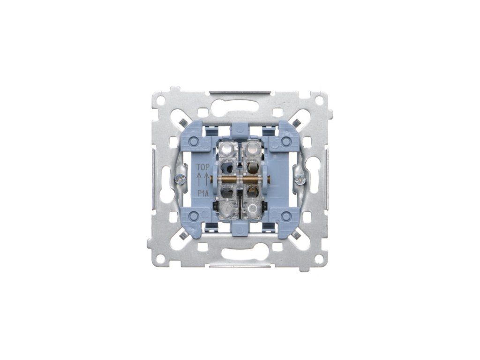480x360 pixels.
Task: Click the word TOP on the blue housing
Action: [202, 167]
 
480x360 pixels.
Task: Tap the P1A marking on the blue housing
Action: [202, 193]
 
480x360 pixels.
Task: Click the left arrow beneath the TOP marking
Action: [199, 179]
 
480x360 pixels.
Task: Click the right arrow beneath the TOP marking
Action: [207, 179]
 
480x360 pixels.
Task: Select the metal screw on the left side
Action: [180, 178]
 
